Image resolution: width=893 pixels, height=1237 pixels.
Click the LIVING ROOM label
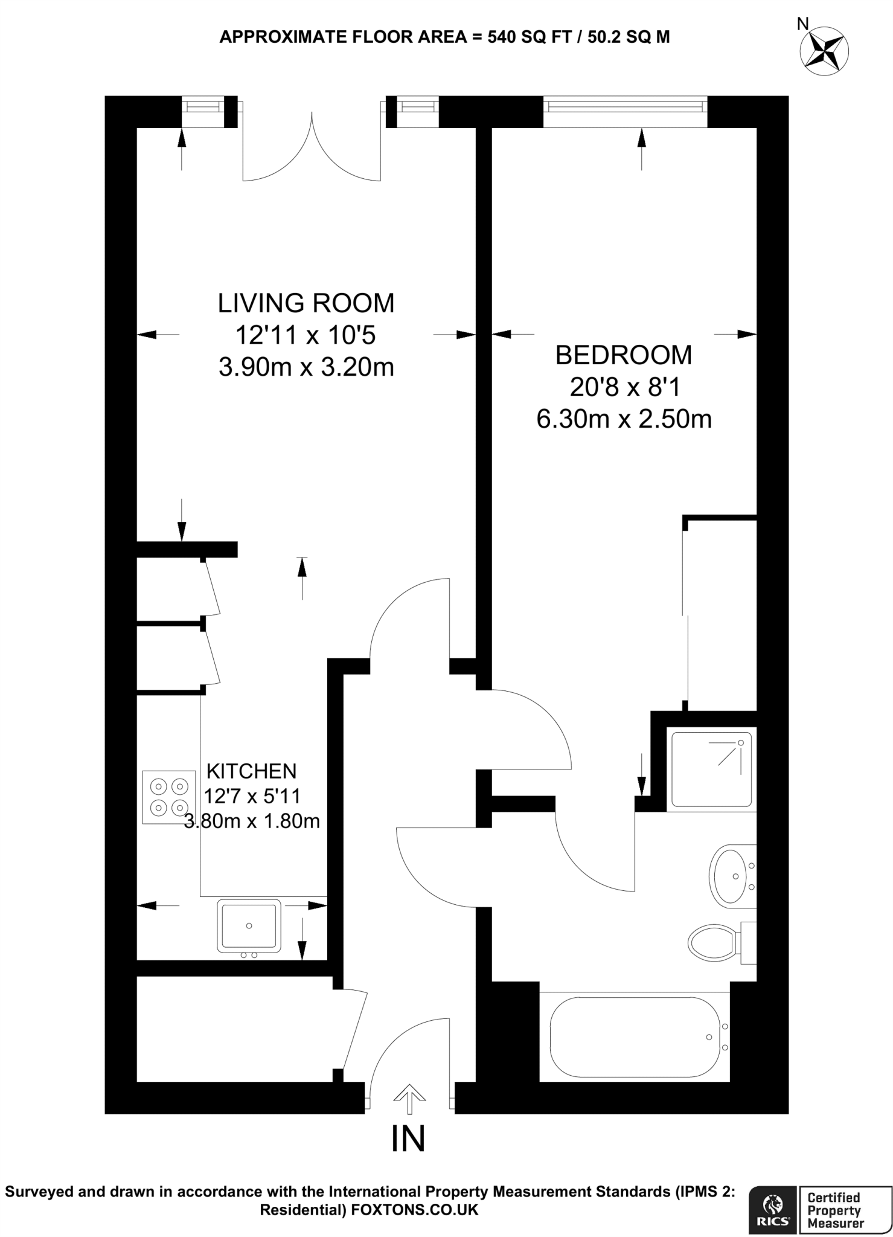pos(306,303)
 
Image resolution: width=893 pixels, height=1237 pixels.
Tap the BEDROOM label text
pos(623,355)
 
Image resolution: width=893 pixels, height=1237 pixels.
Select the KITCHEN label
pos(251,771)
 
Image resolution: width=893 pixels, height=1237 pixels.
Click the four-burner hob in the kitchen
pos(169,797)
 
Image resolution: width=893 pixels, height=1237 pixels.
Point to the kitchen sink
pos(249,925)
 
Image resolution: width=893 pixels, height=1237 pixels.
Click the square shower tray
pos(711,770)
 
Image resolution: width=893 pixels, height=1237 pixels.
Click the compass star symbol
pos(824,51)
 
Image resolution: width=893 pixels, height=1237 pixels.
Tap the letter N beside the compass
pos(802,24)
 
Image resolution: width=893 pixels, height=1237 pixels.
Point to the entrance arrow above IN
pos(409,1097)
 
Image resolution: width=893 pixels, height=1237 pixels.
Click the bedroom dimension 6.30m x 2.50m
pos(624,419)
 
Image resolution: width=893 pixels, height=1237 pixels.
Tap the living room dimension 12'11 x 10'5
pos(306,335)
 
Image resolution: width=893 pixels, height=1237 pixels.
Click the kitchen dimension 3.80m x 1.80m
pos(252,821)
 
